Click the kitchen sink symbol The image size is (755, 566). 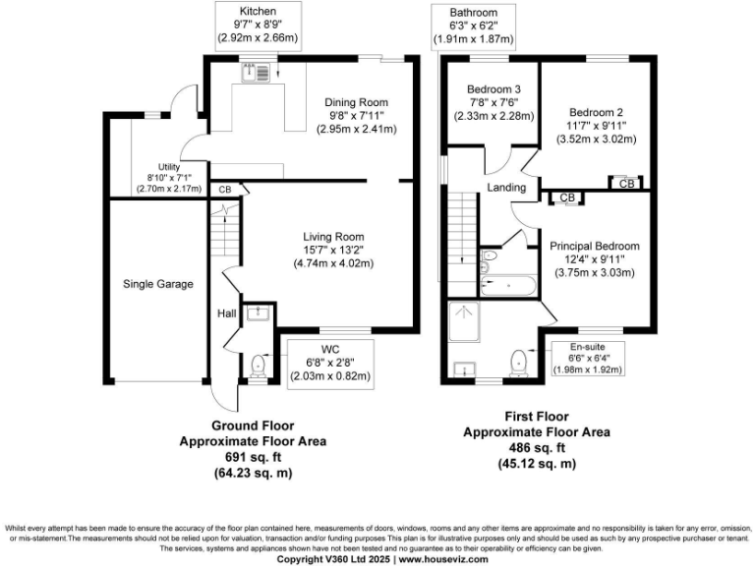[258, 71]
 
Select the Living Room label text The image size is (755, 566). [333, 236]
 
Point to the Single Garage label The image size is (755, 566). [158, 284]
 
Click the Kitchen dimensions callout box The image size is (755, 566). [258, 27]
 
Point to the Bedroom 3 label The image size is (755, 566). [494, 89]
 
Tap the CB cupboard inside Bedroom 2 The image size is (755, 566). [625, 183]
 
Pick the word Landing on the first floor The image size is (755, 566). [505, 188]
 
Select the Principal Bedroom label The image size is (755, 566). [595, 246]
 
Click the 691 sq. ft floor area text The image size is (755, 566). [252, 457]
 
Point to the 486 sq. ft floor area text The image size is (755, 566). [536, 447]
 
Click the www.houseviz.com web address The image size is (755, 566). [441, 558]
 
